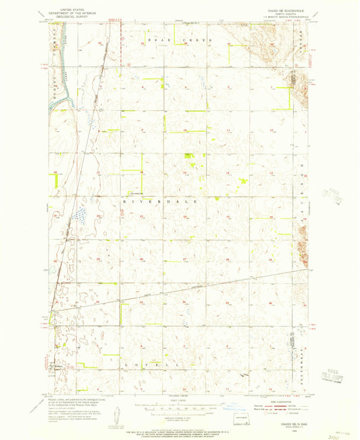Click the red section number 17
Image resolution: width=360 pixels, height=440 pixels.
point(99,173)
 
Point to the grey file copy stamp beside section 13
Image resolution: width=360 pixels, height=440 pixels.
point(332,196)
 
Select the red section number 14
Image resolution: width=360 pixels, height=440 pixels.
point(228,173)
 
